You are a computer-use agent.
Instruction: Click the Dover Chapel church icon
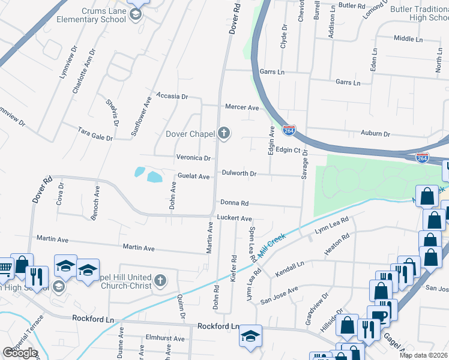(224, 133)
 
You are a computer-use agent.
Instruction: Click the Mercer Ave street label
(241, 107)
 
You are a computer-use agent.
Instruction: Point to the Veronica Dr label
(193, 158)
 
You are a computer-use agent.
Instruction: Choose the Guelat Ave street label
(193, 176)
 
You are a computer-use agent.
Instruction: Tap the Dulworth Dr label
(239, 173)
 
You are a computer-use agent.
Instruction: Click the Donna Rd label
(234, 203)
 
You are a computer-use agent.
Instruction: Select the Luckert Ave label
(234, 218)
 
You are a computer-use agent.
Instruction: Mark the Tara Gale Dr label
(95, 133)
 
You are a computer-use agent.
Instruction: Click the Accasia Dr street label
(172, 96)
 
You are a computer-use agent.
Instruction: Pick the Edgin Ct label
(288, 150)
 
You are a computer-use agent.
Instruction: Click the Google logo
(20, 352)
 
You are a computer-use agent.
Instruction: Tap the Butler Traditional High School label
(420, 13)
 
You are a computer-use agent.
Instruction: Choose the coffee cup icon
(379, 316)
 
